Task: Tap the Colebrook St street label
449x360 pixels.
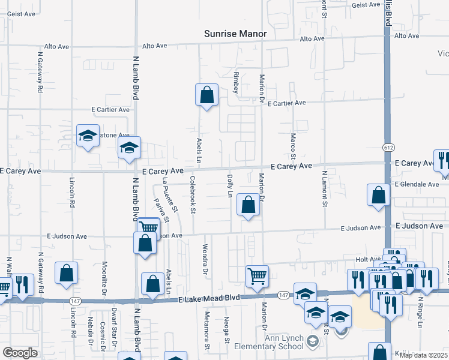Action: coord(193,194)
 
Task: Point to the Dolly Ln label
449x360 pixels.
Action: coord(229,186)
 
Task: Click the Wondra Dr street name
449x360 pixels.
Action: coord(205,259)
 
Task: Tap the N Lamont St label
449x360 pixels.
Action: coord(324,189)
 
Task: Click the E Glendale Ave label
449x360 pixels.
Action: coord(417,184)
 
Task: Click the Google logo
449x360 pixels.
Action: coord(20,353)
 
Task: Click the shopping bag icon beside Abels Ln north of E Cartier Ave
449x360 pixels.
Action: coord(206,95)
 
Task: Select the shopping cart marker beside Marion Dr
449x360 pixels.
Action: coord(257,277)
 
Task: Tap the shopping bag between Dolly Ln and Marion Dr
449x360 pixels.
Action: coord(248,205)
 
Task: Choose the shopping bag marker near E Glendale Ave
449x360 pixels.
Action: coord(378,195)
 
